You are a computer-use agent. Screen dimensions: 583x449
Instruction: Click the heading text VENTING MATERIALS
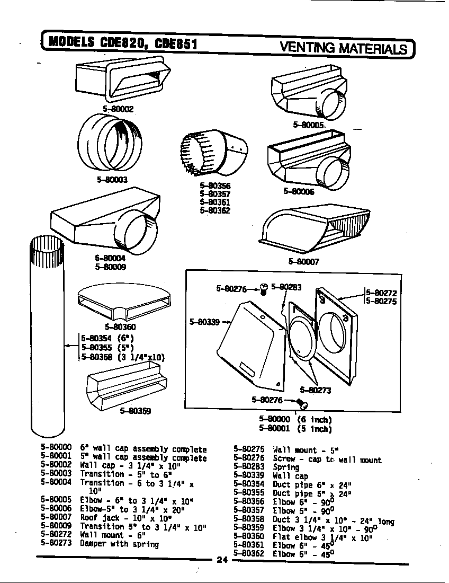pyautogui.click(x=343, y=48)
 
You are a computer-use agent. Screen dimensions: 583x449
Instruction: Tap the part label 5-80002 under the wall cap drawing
pyautogui.click(x=118, y=109)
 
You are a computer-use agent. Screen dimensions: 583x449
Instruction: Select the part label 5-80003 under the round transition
pyautogui.click(x=112, y=180)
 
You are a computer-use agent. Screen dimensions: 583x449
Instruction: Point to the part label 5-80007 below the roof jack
pyautogui.click(x=303, y=261)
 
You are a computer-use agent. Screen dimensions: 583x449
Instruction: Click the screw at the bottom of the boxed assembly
pyautogui.click(x=304, y=405)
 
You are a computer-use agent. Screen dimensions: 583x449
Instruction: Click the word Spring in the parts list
pyautogui.click(x=286, y=467)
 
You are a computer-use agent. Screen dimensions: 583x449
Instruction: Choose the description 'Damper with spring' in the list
pyautogui.click(x=119, y=544)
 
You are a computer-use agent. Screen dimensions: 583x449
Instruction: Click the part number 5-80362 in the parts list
pyautogui.click(x=249, y=553)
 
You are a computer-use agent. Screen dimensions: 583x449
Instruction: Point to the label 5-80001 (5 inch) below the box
pyautogui.click(x=295, y=429)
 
